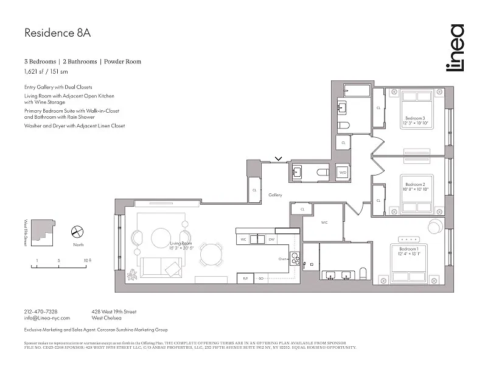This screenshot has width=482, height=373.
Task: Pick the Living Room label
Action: tap(181, 244)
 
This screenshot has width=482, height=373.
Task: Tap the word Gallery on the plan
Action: tap(276, 195)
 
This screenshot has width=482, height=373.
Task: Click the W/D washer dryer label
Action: tap(343, 173)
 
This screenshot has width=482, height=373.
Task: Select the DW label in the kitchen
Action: tap(272, 240)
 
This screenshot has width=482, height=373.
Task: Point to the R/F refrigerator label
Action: tap(245, 278)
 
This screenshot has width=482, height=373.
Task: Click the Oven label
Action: tap(282, 259)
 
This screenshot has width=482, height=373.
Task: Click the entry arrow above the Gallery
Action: tap(278, 159)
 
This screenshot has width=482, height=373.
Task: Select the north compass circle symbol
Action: tap(77, 232)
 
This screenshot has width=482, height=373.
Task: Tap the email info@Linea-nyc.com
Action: tap(47, 318)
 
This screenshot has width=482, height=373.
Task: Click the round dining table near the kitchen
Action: tap(211, 254)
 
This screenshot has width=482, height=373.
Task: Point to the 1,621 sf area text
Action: tap(33, 71)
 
